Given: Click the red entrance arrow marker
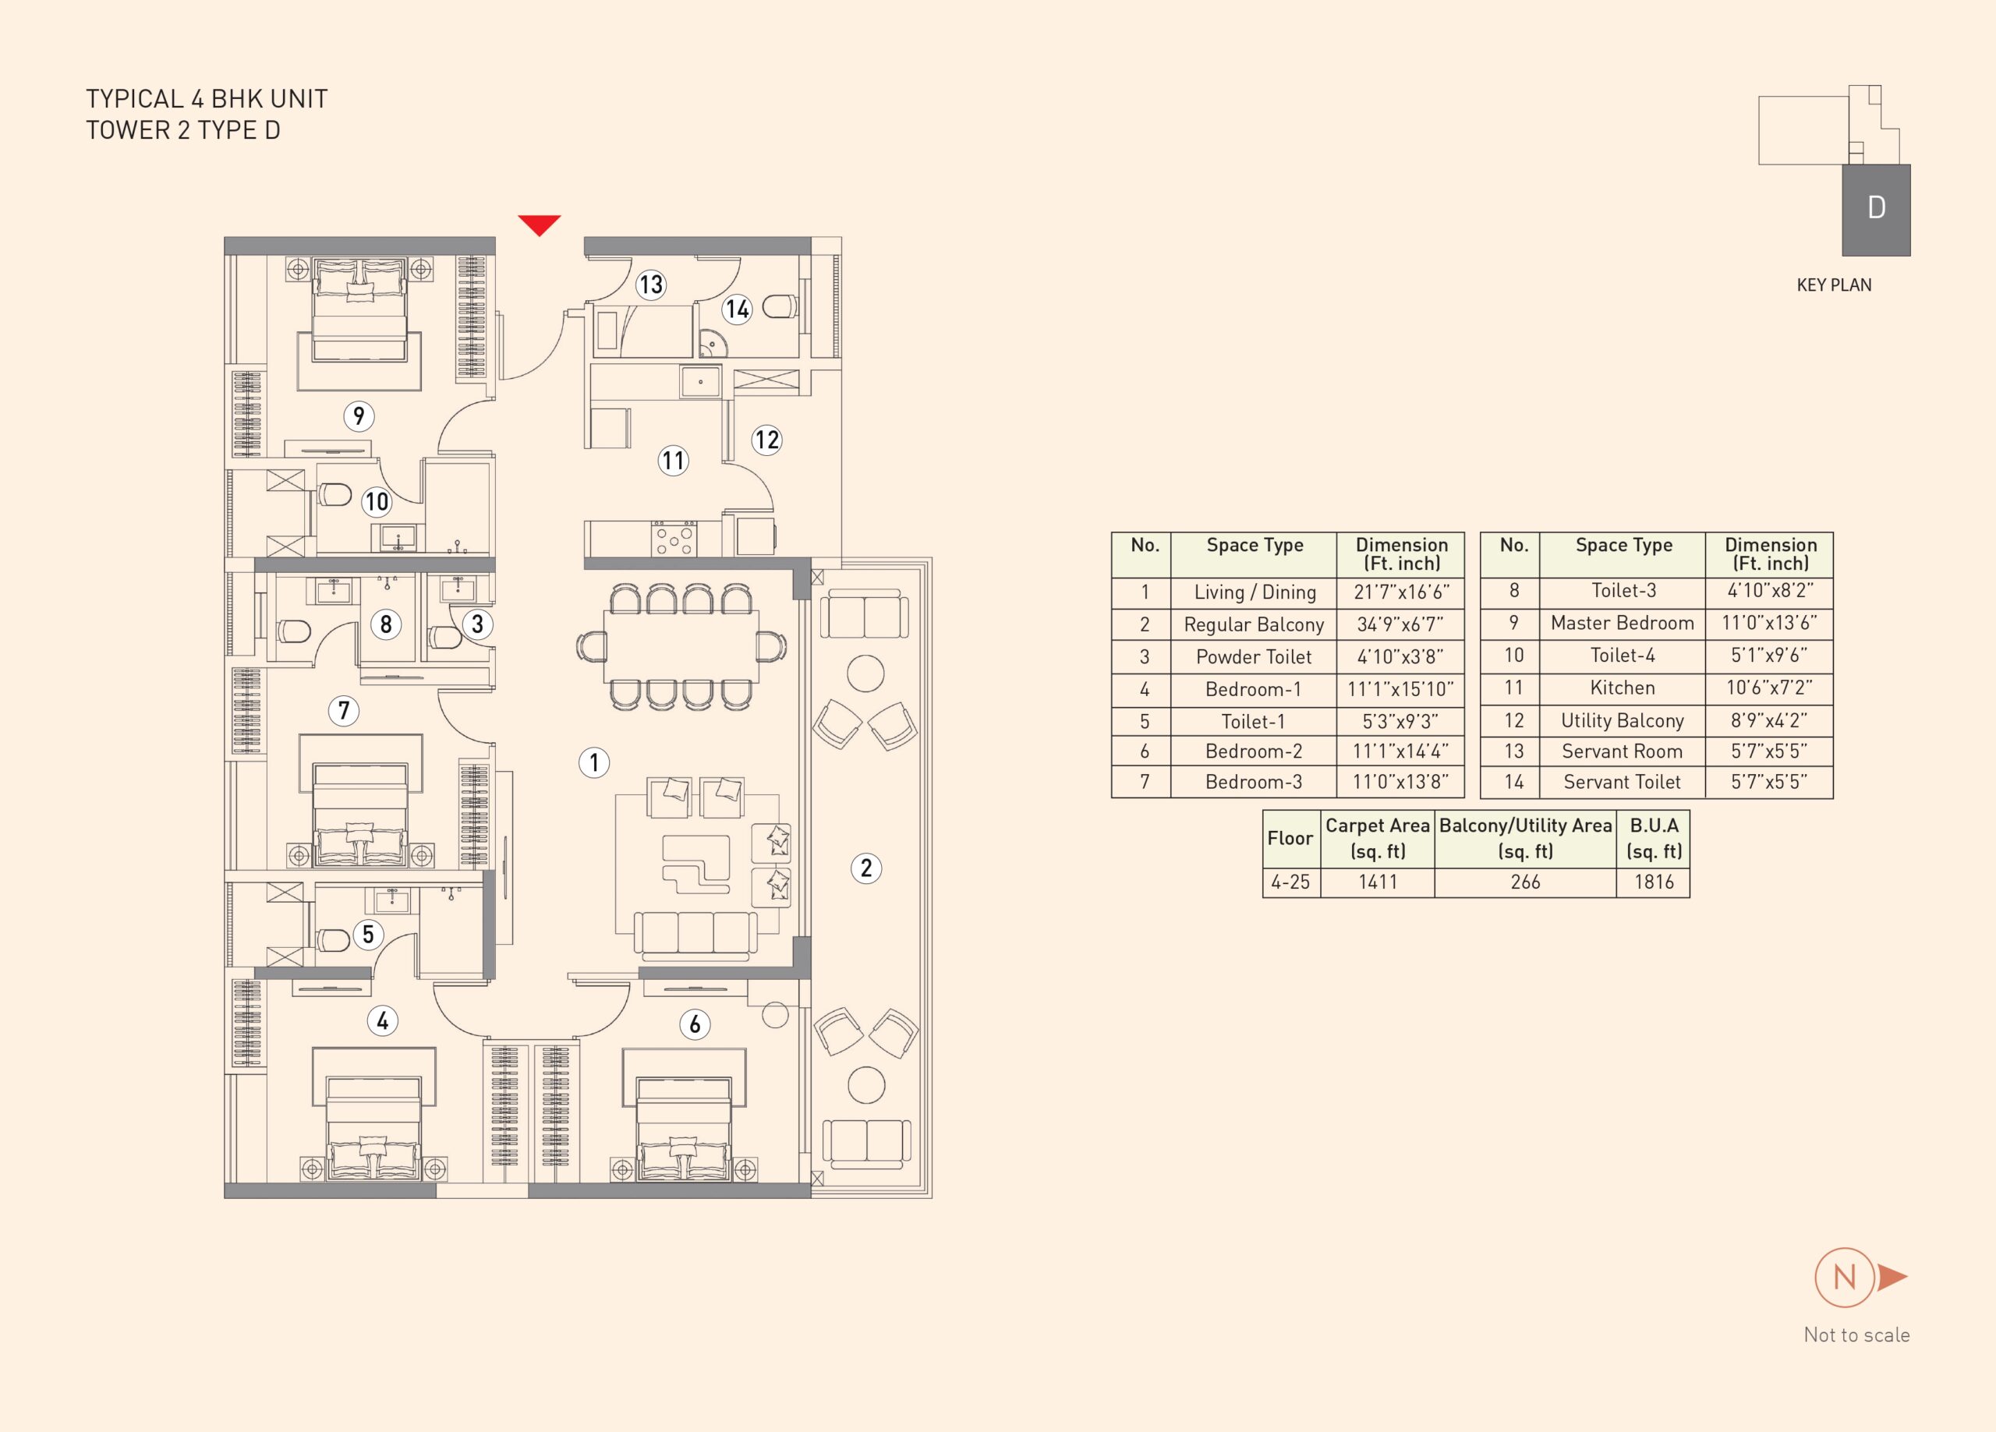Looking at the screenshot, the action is [540, 225].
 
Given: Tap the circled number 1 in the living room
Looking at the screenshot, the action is [594, 762].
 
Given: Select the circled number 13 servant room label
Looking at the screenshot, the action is [650, 285].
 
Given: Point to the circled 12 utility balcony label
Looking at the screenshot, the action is [766, 439].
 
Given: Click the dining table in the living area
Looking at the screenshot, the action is [681, 646].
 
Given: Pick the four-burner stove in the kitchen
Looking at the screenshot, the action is [674, 539].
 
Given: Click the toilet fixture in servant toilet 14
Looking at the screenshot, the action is [780, 306].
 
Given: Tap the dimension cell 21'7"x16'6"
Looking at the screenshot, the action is [1401, 592].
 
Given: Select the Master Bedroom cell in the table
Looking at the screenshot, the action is [1622, 623].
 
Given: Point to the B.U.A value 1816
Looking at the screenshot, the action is [1654, 882].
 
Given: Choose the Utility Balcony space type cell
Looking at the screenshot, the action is [1622, 721].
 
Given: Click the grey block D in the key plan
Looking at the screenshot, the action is [1876, 210].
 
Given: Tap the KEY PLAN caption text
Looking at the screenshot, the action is [1834, 285].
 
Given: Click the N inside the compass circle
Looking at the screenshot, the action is [1845, 1277].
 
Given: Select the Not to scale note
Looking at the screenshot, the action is [1857, 1335].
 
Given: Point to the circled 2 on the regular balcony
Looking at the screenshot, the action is [866, 868].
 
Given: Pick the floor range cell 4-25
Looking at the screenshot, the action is [1290, 882].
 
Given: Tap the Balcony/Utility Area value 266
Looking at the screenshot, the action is [1525, 882].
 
